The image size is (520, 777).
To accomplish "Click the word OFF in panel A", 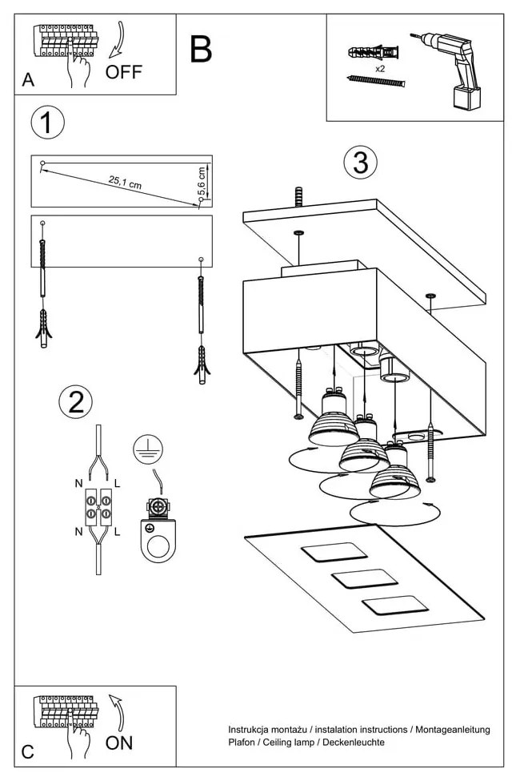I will [124, 72].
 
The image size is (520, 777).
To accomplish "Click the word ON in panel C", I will [119, 742].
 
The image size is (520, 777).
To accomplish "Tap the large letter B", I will [201, 50].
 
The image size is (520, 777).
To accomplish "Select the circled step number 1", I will [47, 123].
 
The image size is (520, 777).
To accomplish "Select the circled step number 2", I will [76, 402].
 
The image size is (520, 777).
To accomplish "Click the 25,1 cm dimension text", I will [125, 182].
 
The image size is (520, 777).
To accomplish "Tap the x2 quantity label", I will [380, 70].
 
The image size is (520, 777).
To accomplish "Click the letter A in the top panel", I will [29, 80].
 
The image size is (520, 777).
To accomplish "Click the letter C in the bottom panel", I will [28, 751].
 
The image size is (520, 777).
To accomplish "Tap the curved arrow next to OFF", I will [119, 40].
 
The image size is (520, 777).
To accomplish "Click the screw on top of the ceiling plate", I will [298, 195].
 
